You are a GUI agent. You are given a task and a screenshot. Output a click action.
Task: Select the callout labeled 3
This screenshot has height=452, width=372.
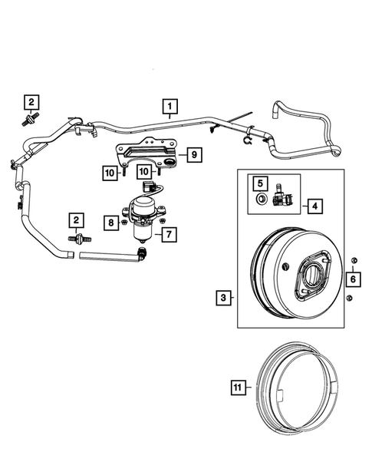[x=223, y=295]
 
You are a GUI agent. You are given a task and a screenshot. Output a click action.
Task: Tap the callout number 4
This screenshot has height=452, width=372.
[x=314, y=205]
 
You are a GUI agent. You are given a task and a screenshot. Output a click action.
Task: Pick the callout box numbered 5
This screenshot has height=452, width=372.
[x=260, y=183]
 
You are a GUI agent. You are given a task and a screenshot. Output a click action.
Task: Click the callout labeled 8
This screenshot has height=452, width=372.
[x=112, y=223]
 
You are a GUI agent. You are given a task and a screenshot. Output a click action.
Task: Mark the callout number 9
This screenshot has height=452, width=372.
[x=194, y=155]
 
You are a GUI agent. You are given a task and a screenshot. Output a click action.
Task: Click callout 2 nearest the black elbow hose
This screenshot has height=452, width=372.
[x=76, y=221]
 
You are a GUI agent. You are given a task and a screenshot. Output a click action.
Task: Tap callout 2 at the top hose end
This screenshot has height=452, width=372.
[x=31, y=102]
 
